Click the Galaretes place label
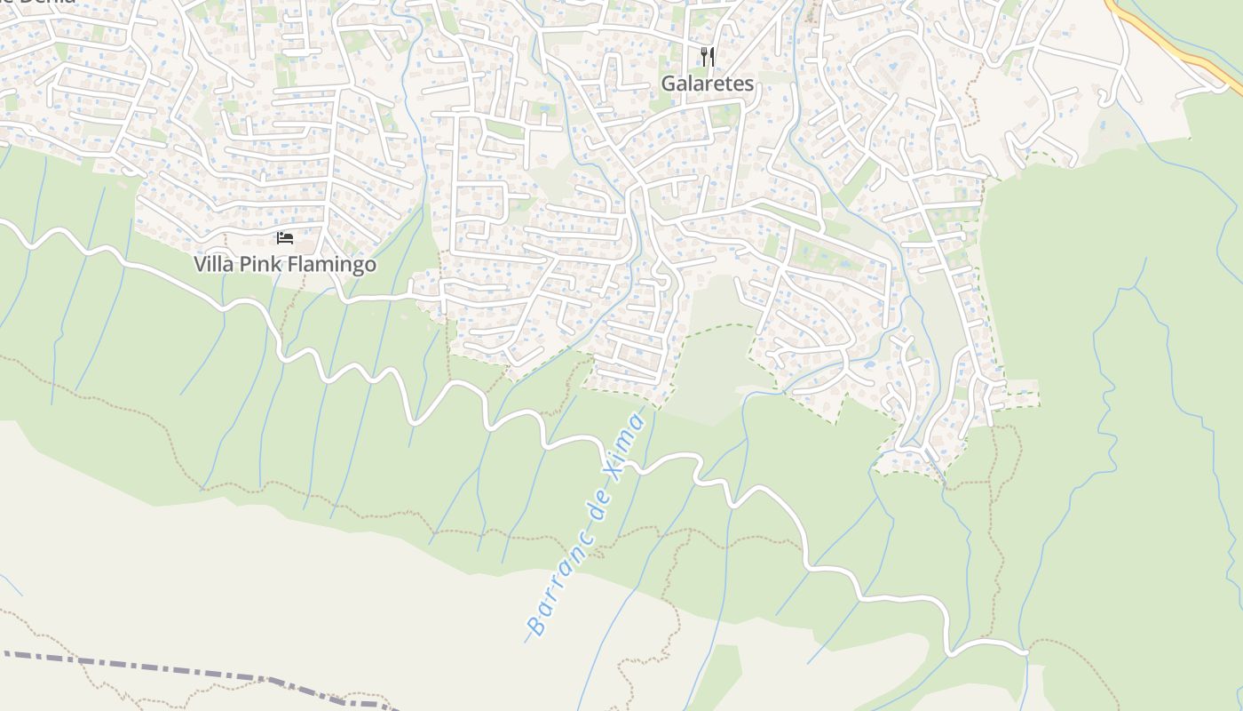pyautogui.click(x=707, y=84)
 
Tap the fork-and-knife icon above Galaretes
pyautogui.click(x=708, y=57)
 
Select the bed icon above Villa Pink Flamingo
pyautogui.click(x=285, y=237)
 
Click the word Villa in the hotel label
pyautogui.click(x=215, y=264)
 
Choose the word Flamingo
pyautogui.click(x=329, y=264)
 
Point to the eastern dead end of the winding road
pyautogui.click(x=1027, y=652)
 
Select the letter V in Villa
pyautogui.click(x=201, y=264)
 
